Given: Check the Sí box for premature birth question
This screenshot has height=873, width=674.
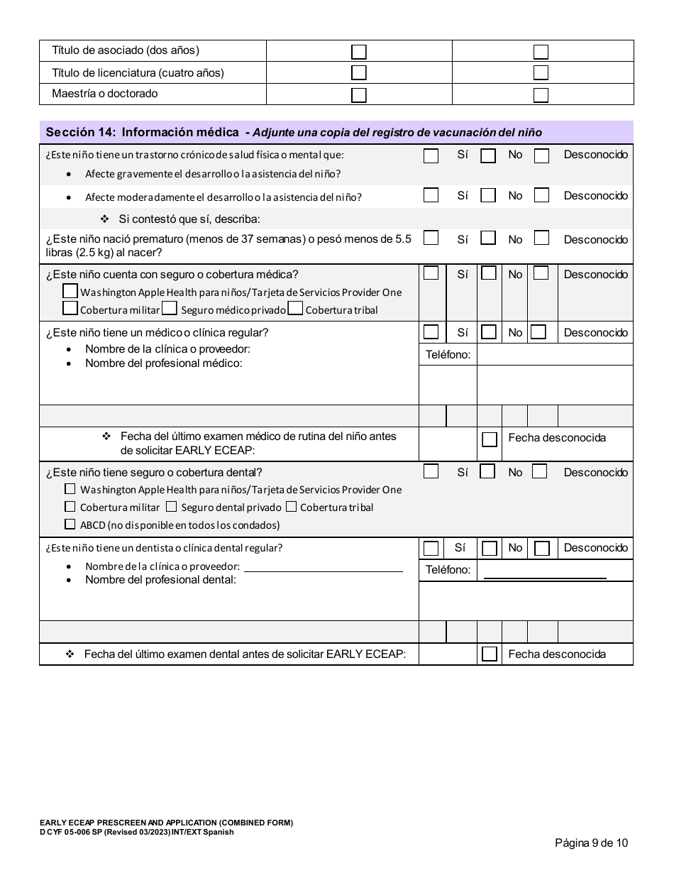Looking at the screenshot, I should coord(431,238).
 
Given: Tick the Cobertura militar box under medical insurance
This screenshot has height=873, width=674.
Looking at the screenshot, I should coord(70,308).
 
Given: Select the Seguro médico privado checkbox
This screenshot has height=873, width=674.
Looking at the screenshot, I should coord(169,308).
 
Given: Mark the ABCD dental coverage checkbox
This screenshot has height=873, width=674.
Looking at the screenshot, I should coord(70,525).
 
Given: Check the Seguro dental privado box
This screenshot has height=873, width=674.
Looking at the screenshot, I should coord(171,507).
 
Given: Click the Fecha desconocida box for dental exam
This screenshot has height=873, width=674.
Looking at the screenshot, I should coord(489,654).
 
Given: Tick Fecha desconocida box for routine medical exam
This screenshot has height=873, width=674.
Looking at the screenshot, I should coord(489,439).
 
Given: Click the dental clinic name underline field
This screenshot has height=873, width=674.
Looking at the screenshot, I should coord(323,566).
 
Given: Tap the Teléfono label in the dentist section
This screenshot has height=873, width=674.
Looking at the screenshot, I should coord(448,570).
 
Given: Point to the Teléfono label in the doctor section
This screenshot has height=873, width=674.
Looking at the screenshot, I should coord(448,354).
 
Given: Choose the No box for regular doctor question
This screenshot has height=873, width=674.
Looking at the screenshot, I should coord(489,332).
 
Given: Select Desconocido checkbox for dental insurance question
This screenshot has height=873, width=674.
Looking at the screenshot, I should coord(539,471).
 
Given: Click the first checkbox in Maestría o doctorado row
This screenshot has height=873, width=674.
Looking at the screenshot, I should coord(359,94).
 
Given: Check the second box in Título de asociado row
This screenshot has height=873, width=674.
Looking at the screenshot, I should coord(541,52).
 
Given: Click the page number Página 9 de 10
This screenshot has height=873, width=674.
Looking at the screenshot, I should coord(591,843).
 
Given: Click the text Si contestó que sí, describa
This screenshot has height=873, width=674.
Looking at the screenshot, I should coord(189,219).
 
